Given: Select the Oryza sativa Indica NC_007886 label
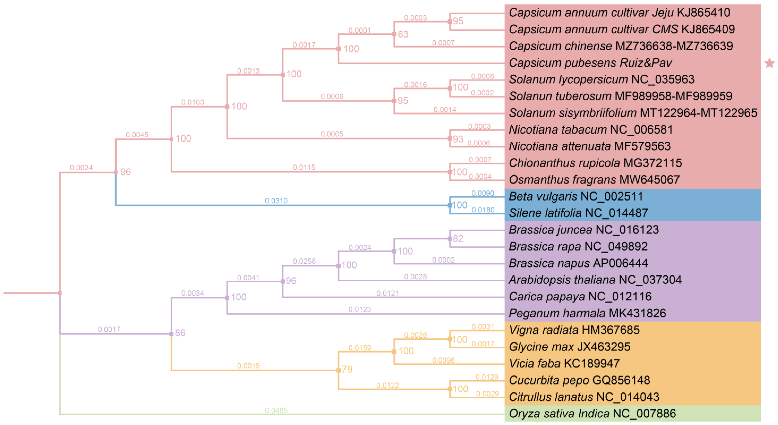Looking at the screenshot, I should pos(592,414).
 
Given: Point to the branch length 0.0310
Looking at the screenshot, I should pos(276,201).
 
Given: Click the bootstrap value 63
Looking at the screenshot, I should pos(403,34).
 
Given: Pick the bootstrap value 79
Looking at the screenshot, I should pos(347,369).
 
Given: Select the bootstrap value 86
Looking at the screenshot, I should pos(180,333).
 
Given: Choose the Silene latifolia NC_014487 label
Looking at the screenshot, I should pos(578,213).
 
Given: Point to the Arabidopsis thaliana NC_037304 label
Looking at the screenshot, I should pos(595,280).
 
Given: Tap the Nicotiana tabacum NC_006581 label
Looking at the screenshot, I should pos(590,130).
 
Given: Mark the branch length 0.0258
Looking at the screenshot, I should pos(304,261).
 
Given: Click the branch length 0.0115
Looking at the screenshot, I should pos(304,167).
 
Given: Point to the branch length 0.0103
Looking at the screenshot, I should pos(193,102).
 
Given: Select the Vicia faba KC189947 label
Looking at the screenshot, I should pos(564,363).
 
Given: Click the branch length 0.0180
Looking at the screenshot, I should pos(483,210).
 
